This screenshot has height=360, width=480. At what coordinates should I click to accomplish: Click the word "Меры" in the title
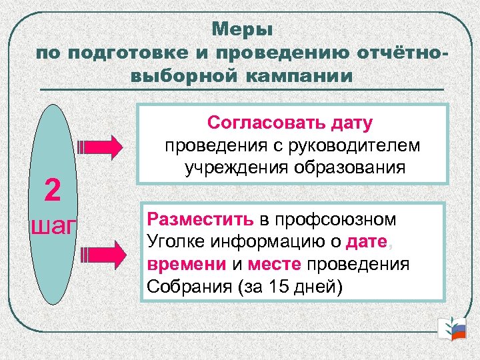[x=243, y=30]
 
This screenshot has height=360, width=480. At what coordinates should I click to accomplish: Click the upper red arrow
[x=100, y=145]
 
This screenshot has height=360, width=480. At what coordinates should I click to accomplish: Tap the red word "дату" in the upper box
[x=349, y=123]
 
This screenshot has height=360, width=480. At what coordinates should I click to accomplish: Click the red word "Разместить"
[x=200, y=219]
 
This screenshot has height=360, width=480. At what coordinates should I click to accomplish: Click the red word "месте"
[x=274, y=264]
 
